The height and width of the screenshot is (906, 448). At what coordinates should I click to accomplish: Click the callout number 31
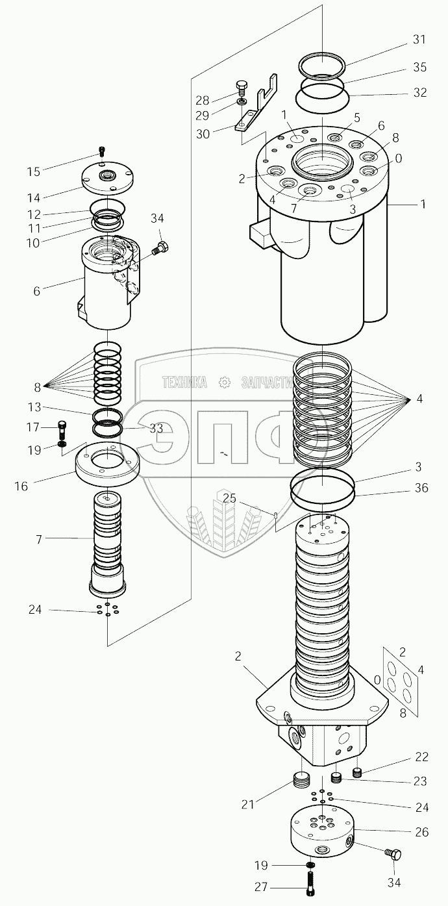(419, 40)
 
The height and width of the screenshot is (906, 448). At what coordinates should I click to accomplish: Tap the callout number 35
(419, 66)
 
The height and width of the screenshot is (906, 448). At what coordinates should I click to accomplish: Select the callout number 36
(421, 488)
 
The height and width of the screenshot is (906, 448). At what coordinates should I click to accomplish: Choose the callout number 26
(421, 832)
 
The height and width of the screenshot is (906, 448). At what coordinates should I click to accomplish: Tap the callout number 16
(21, 485)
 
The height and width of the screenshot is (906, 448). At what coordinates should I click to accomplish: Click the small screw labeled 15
(101, 151)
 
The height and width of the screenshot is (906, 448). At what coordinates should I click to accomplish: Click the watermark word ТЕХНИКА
(185, 383)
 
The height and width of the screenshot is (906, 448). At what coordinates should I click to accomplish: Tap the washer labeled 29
(242, 102)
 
